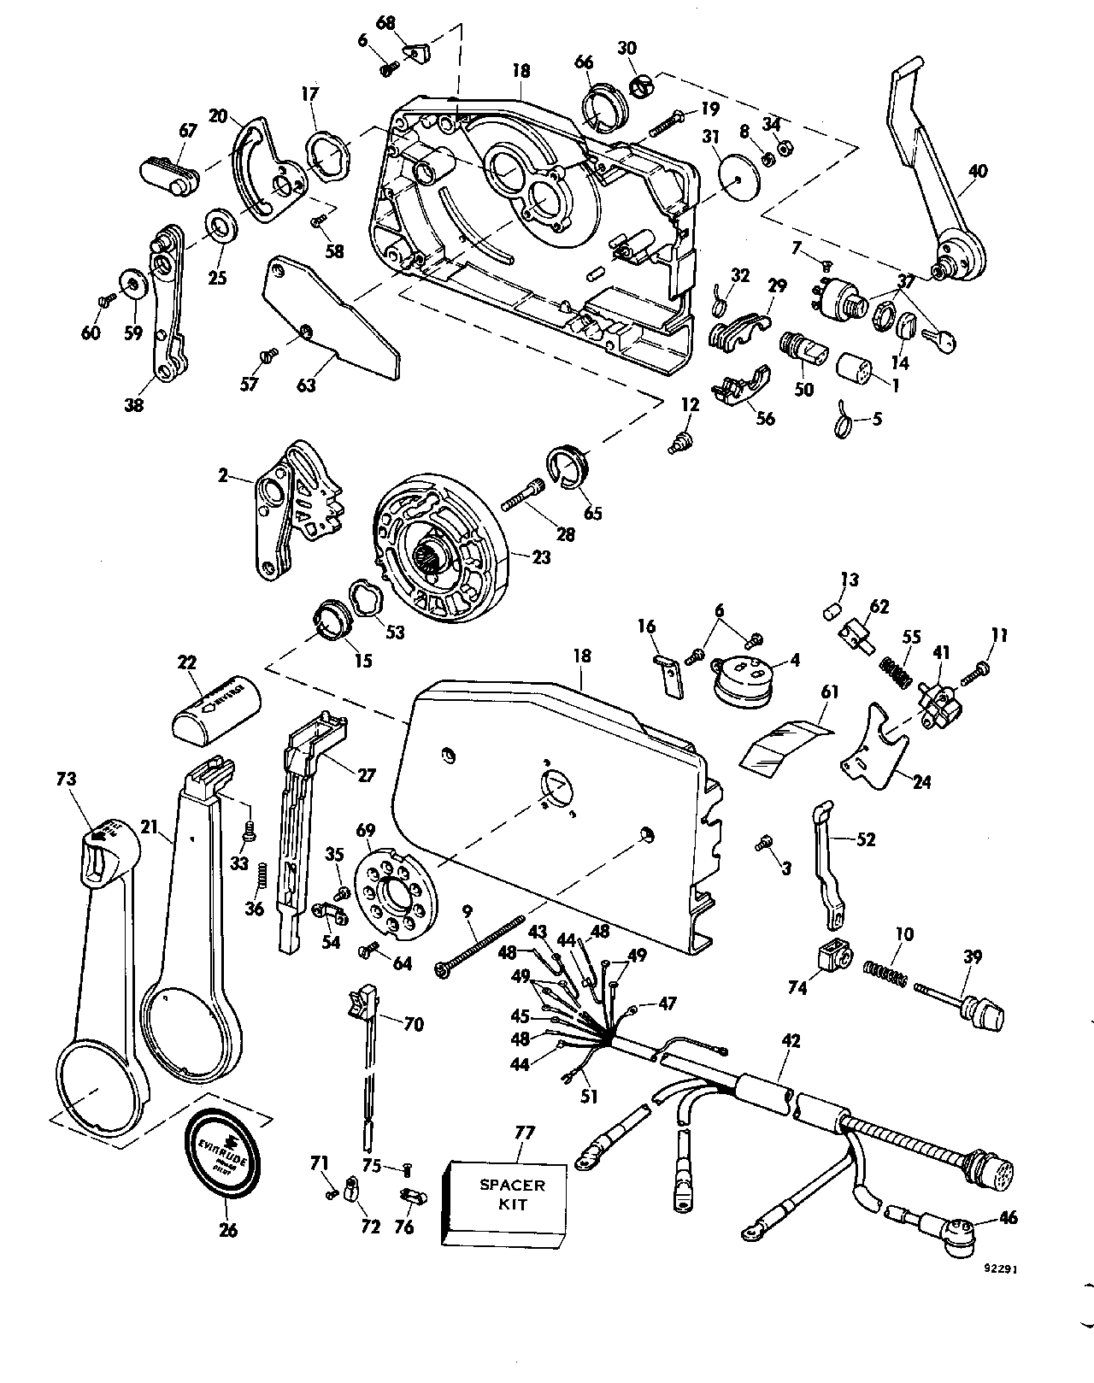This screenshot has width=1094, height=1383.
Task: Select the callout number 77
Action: point(524,1133)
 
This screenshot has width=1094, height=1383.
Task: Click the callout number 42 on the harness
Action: point(791,1041)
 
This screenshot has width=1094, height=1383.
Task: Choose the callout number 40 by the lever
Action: point(979,171)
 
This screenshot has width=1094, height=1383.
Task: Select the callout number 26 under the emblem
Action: point(228,1231)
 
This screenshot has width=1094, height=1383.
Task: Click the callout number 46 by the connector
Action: point(1009,1217)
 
